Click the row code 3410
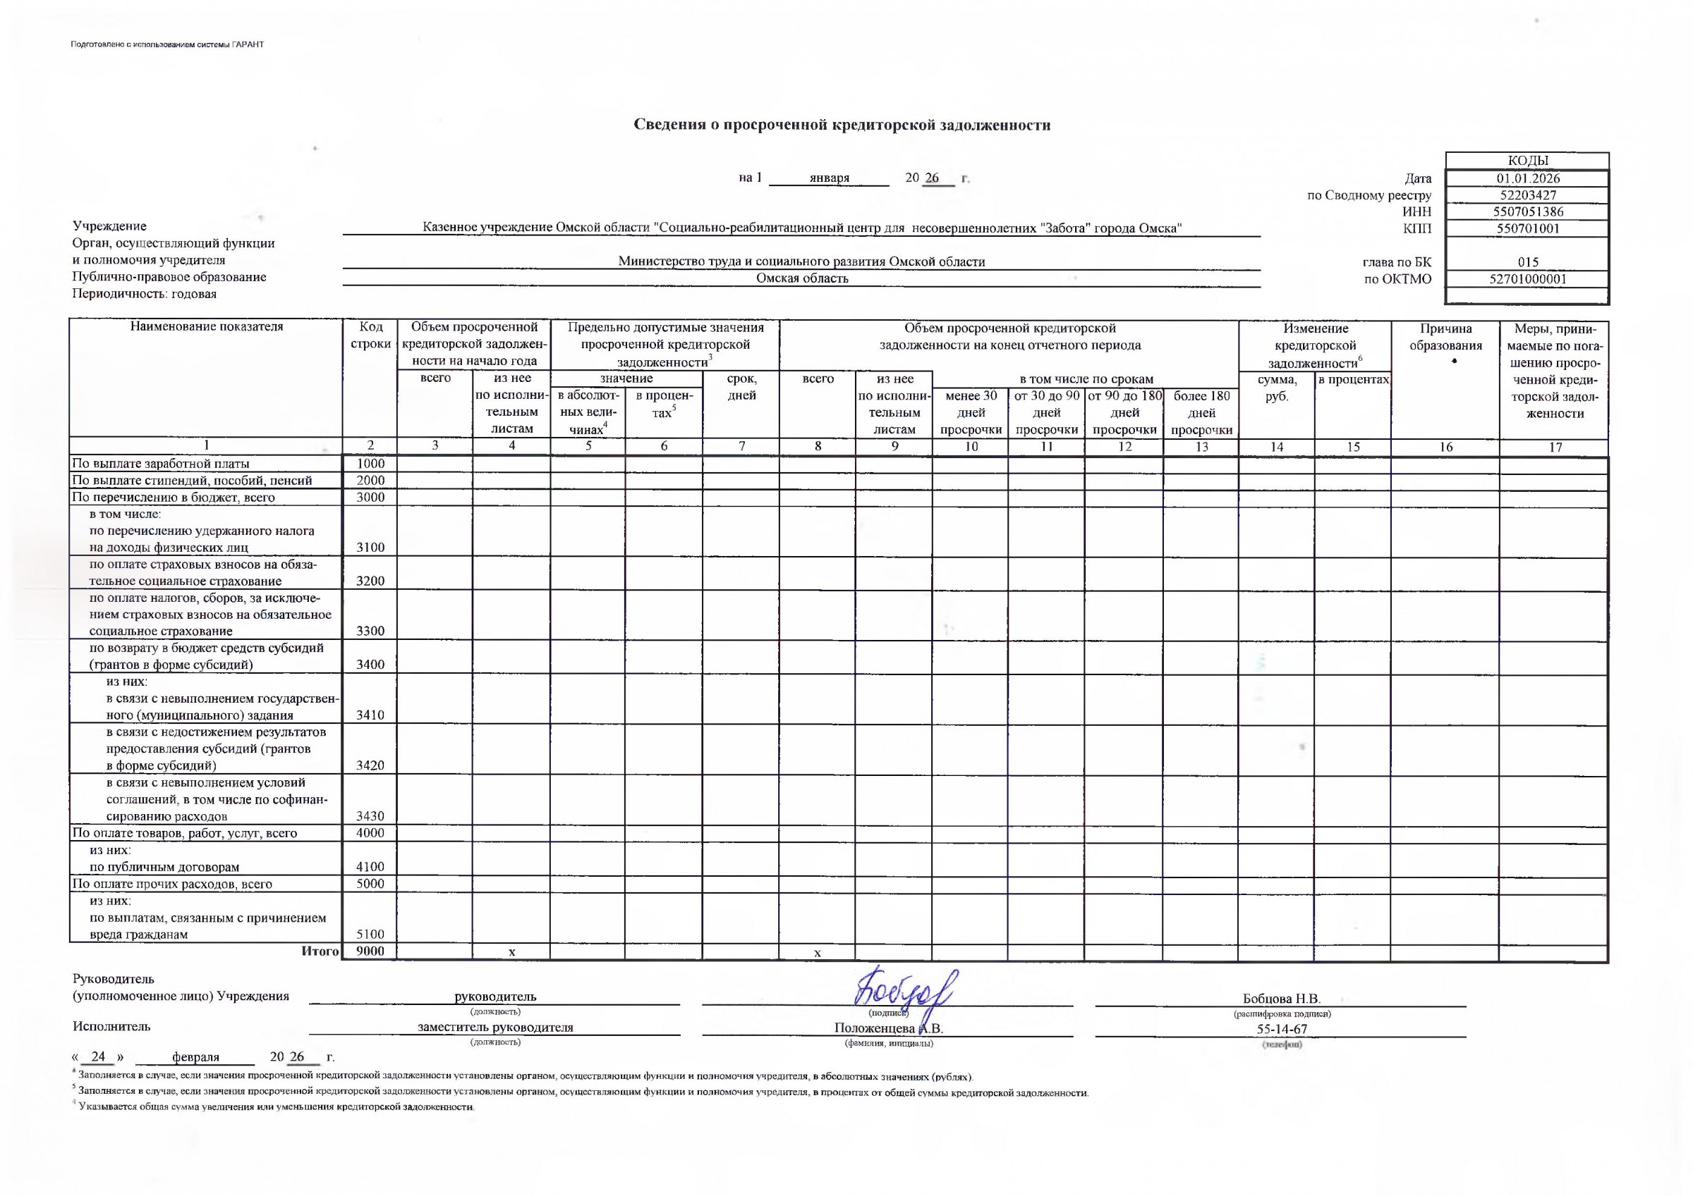pyautogui.click(x=370, y=715)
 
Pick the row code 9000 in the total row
pyautogui.click(x=370, y=951)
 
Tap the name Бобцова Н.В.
pyautogui.click(x=1281, y=999)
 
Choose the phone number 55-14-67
pyautogui.click(x=1282, y=1030)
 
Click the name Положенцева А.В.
pyautogui.click(x=889, y=1028)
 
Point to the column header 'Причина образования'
pyautogui.click(x=1445, y=337)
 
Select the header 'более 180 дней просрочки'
pyautogui.click(x=1201, y=413)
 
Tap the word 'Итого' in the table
pyautogui.click(x=320, y=951)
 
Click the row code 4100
pyautogui.click(x=370, y=867)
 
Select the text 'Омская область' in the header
pyautogui.click(x=802, y=278)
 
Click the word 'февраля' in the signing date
pyautogui.click(x=195, y=1056)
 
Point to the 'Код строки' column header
pyautogui.click(x=370, y=335)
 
